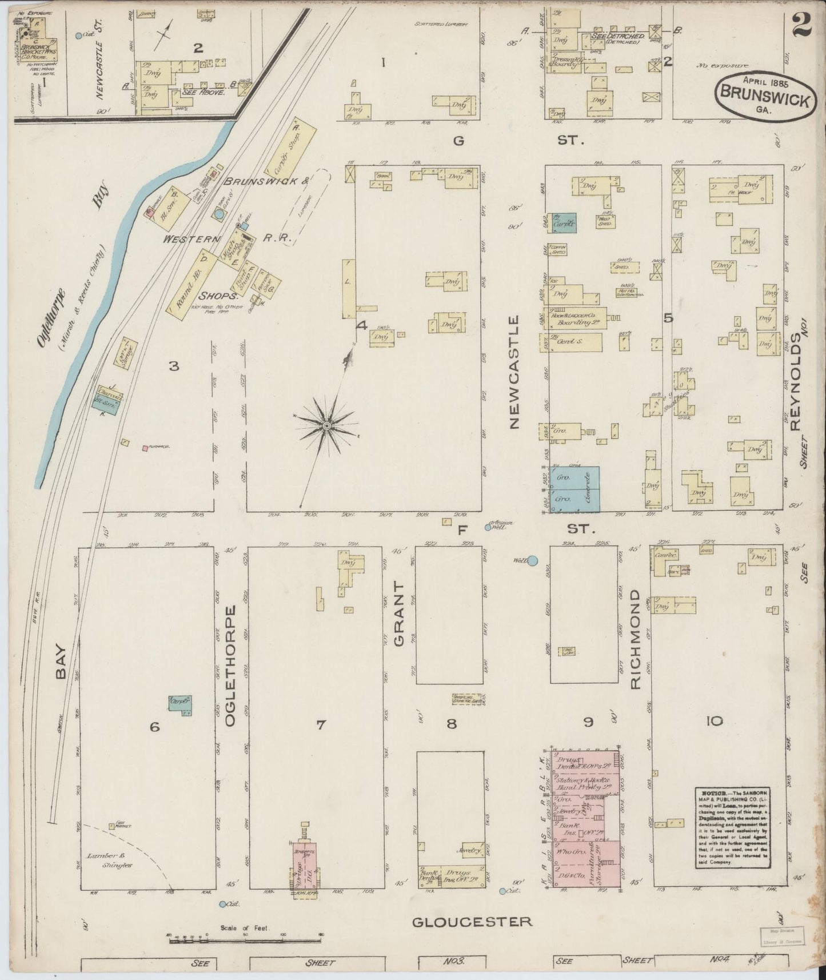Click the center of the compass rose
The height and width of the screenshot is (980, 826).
tap(326, 426)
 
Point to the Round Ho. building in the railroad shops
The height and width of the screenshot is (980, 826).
tap(190, 282)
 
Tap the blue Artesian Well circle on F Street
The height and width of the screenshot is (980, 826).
tap(488, 527)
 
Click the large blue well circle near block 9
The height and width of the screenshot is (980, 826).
tap(532, 561)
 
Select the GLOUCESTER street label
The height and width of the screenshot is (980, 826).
tap(472, 921)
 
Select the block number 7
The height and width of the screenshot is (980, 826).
tap(321, 725)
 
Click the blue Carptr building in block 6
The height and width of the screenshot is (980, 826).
tap(180, 705)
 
